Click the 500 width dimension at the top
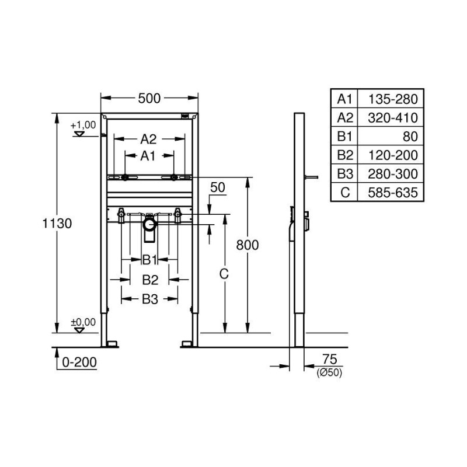pos(149,98)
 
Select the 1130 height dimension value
pos(57,224)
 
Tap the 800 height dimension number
pos(247,245)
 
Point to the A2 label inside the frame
pos(148,139)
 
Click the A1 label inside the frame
pos(148,156)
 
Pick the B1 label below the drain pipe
pos(149,260)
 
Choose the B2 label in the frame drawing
pos(150,280)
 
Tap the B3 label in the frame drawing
pos(150,299)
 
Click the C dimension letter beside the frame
pos(224,274)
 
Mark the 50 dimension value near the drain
pos(218,187)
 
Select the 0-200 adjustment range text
pos(79,363)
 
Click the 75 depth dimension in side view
pos(329,359)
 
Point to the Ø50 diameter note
pos(329,372)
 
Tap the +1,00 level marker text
pos(83,125)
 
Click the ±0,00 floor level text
pos(83,322)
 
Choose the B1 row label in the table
pos(344,137)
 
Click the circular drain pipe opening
pos(149,225)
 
